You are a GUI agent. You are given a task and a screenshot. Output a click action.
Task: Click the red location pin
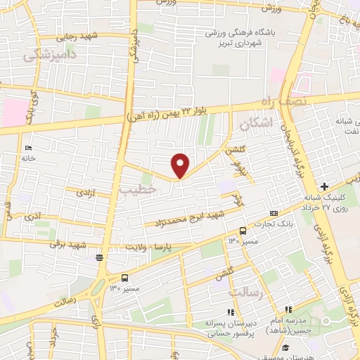click(181, 165)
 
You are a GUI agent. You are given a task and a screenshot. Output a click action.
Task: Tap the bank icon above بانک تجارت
click(274, 213)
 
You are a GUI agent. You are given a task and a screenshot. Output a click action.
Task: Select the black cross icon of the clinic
click(323, 186)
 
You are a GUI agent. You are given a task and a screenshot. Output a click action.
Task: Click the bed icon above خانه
click(27, 148)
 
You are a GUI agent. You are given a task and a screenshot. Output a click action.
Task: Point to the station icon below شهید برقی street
click(101, 257)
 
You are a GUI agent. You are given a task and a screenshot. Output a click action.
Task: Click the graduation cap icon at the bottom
click(285, 347)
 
